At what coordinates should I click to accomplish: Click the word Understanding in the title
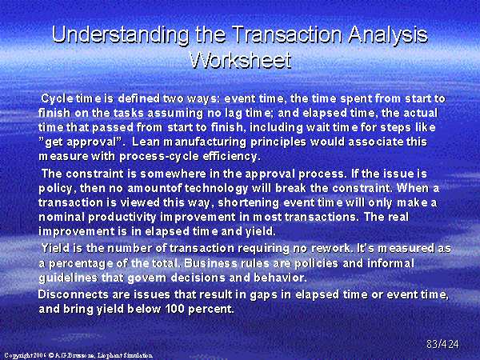pos(120,34)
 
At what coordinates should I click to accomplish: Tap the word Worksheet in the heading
pos(240,59)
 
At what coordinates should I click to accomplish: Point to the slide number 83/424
pos(442,344)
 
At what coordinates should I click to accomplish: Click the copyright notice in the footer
pos(78,355)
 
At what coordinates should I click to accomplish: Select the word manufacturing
pos(205,142)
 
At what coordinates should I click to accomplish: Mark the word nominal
pos(62,217)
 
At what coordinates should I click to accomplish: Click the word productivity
pos(122,218)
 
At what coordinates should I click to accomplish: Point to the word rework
pos(330,248)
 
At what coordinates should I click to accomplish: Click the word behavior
pos(280,278)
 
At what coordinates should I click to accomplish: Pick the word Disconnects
pos(74,294)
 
